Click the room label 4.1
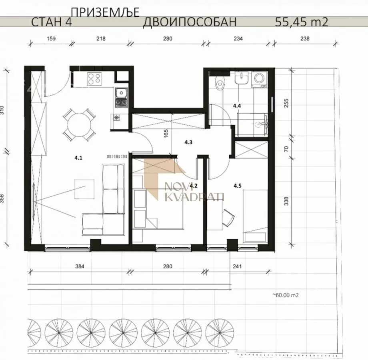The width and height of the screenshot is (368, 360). click(x=78, y=158)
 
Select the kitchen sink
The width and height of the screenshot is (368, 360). click(x=120, y=94)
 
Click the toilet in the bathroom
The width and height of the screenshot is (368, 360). click(x=219, y=83)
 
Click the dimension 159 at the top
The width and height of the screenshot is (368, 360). click(x=51, y=39)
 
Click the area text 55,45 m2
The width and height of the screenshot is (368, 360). click(x=302, y=22)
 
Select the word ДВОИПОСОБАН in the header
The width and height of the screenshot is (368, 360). click(x=190, y=22)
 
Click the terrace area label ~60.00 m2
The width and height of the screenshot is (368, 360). click(x=286, y=296)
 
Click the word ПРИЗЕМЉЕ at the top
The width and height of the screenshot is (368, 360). click(x=105, y=12)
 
